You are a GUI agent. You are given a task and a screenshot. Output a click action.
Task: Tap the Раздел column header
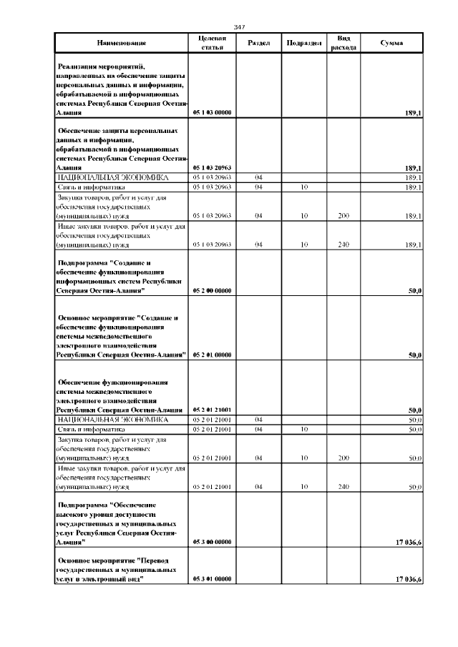(258, 43)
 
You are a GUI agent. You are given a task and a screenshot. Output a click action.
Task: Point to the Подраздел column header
(303, 43)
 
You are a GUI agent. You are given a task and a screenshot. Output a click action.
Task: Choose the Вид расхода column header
(343, 43)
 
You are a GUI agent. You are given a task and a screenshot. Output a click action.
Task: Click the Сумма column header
(391, 43)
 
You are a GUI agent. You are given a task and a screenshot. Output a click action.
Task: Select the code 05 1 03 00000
(211, 113)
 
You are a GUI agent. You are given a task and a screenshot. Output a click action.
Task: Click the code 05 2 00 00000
(211, 291)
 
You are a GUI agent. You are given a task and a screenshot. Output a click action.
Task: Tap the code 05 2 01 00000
(211, 355)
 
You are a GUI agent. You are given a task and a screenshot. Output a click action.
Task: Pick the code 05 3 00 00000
(211, 543)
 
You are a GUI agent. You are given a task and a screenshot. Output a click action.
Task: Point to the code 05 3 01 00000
(211, 578)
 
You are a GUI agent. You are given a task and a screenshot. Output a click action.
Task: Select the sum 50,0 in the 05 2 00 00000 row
(414, 291)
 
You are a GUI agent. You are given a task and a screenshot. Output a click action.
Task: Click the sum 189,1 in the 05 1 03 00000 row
(413, 113)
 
